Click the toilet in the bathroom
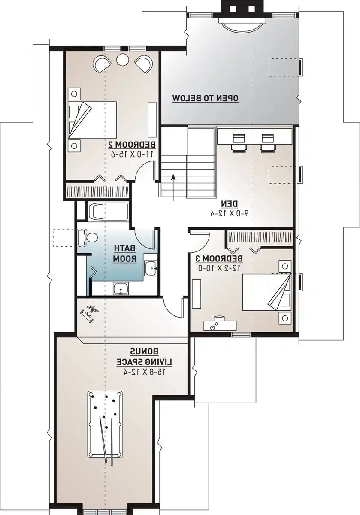90,237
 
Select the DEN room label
230,203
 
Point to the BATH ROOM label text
125,254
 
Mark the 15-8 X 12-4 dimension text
145,373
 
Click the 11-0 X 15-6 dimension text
132,154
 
